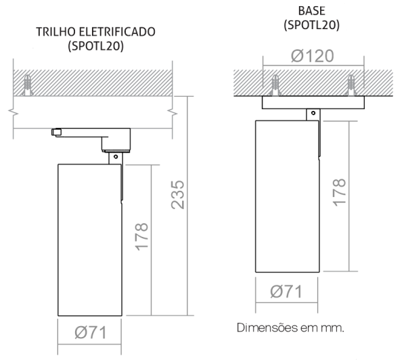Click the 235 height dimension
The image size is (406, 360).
pos(178,195)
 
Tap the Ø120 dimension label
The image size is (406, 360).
pos(313,56)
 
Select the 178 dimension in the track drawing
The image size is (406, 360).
pos(141,236)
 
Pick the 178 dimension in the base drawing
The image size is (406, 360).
pos(340,192)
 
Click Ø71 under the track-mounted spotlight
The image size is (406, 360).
pos(91,332)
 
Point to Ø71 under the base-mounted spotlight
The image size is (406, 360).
pos(286,292)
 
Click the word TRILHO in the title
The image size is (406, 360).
pos(55,32)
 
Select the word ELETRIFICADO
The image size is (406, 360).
pos(117,32)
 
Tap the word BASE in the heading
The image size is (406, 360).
pos(311,11)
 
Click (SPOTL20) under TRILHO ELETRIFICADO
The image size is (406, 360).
pos(96,47)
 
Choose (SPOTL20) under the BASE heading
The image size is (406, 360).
pos(311,26)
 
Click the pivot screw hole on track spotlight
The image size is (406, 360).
pos(116,157)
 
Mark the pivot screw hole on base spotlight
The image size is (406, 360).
pos(313,113)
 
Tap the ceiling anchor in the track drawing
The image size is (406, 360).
pos(27,85)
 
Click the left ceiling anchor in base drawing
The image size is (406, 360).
pos(275,85)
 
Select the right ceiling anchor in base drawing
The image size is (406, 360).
pos(351,85)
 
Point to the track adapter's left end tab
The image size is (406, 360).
pos(56,132)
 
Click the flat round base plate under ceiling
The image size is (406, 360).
pos(313,102)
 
